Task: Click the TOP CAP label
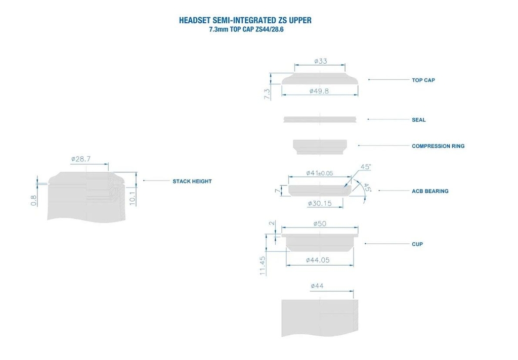click(423, 80)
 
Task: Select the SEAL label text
click(418, 120)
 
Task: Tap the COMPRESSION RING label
click(438, 146)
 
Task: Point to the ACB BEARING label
click(430, 191)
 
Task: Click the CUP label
click(417, 244)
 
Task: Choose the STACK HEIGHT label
click(192, 181)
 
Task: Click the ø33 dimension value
click(320, 61)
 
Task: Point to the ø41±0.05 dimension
click(320, 173)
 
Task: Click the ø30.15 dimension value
click(320, 203)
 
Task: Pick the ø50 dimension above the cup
click(320, 223)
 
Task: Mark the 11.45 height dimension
click(263, 265)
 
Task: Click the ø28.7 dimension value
click(81, 159)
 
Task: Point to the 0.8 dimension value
click(34, 200)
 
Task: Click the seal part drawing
click(320, 119)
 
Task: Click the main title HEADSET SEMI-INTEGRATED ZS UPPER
click(245, 21)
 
